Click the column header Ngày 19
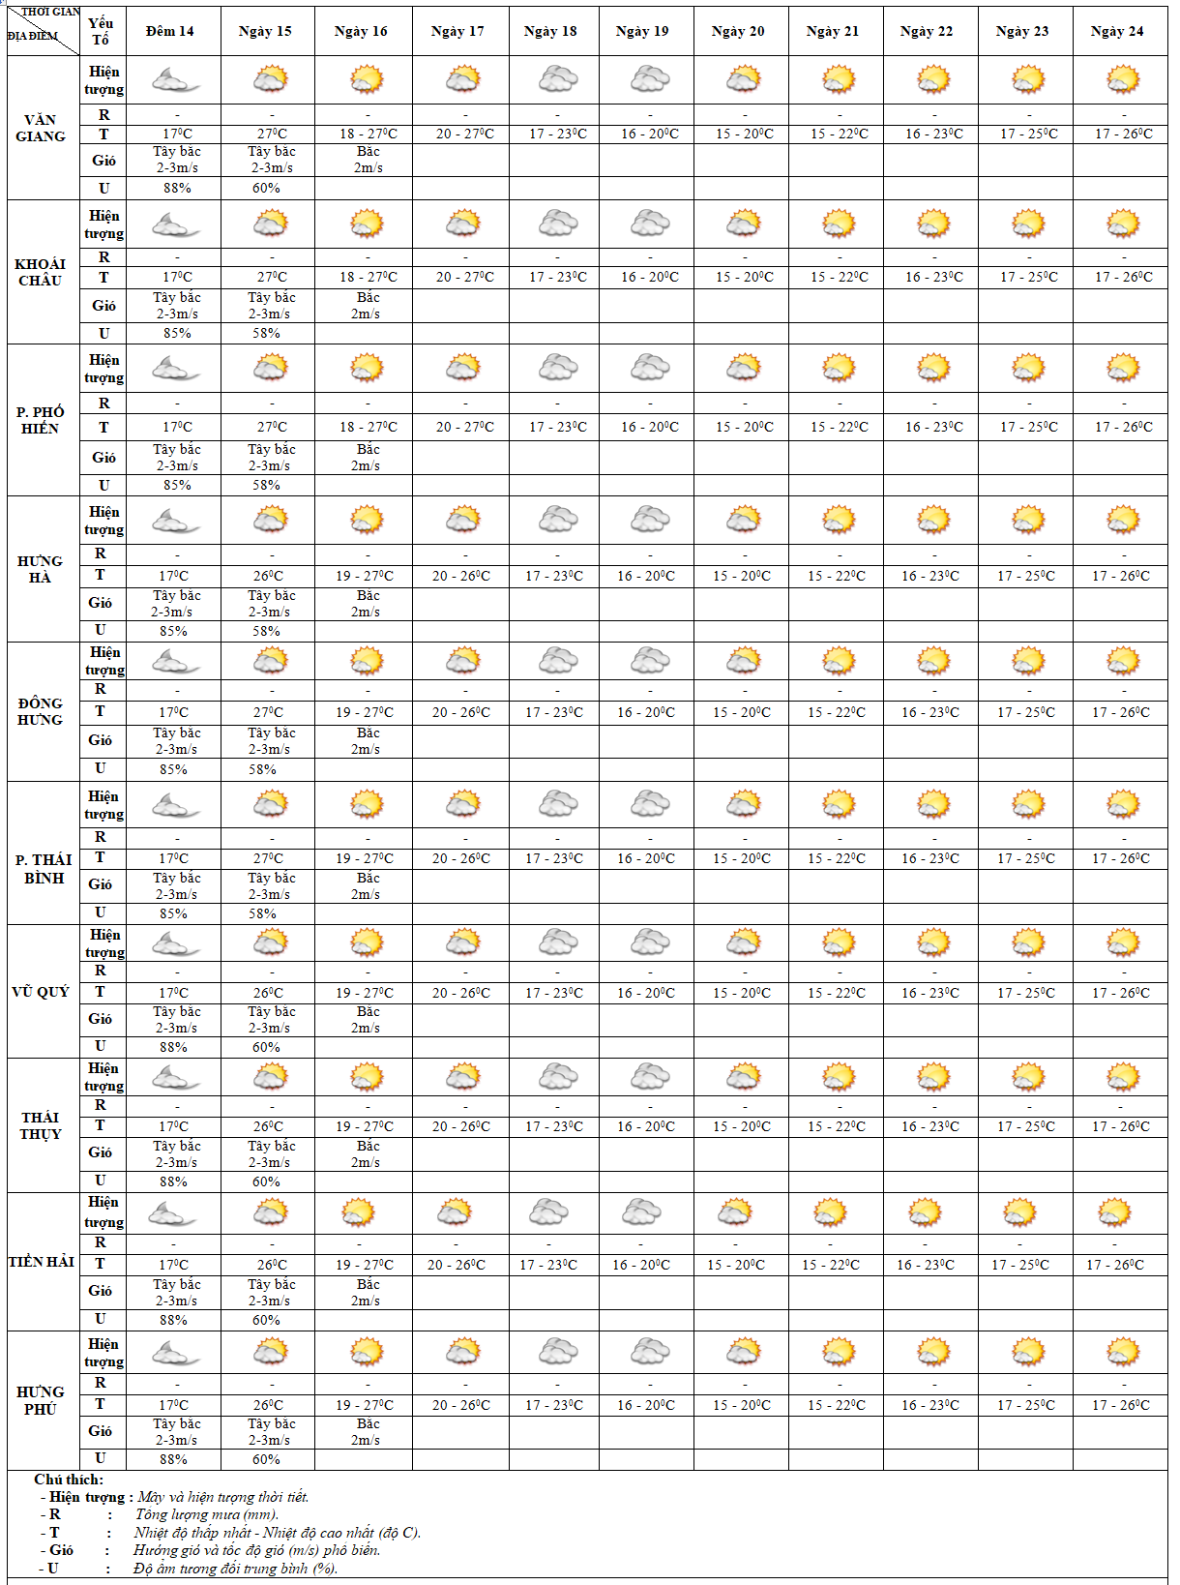pos(642,31)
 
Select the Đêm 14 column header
pos(170,31)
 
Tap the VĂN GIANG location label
pos(41,128)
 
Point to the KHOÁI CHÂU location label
pos(41,272)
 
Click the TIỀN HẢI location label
pos(42,1262)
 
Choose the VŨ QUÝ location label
pos(41,992)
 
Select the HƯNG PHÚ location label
pos(41,1400)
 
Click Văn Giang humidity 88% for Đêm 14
pos(177,188)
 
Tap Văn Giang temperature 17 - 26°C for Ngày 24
pos(1124,134)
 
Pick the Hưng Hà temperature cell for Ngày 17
pos(461,576)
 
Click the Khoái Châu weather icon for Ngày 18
pos(558,224)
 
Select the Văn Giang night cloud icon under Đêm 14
pos(174,80)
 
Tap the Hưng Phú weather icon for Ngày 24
pos(1123,1351)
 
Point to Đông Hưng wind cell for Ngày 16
pos(368,741)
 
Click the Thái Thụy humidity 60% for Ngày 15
pos(266,1181)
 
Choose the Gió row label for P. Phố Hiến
pos(103,457)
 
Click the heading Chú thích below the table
pos(69,1479)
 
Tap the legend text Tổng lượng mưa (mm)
pos(207,1514)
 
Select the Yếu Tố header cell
pos(101,31)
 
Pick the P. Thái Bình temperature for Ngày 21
pos(837,858)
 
